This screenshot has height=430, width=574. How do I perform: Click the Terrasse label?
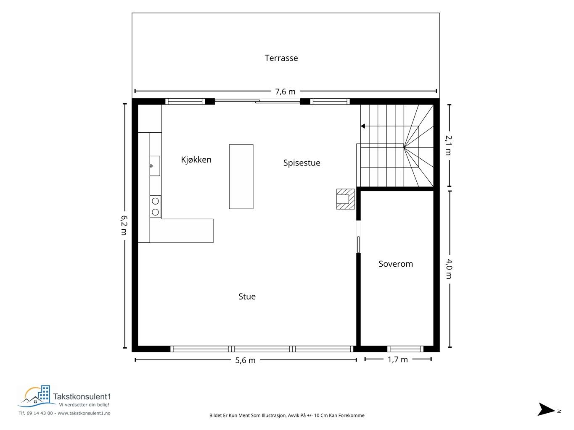click(281, 58)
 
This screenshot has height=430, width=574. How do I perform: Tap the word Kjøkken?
click(196, 160)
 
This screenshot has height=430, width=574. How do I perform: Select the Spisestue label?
click(302, 163)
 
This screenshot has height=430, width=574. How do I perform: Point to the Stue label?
click(247, 296)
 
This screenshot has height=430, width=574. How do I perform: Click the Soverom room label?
click(396, 264)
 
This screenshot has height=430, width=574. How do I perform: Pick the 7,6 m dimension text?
click(285, 92)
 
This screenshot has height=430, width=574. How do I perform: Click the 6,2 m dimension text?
click(124, 225)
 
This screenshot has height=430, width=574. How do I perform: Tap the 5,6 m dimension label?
click(245, 360)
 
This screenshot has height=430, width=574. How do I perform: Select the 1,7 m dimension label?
click(397, 359)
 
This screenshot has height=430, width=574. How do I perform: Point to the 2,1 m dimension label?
click(449, 145)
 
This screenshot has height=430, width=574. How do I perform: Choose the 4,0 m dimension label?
click(449, 269)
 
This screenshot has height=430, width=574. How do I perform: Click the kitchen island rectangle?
click(241, 177)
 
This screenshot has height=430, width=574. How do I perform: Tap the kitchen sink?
click(155, 166)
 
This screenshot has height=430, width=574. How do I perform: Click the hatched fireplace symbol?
click(345, 199)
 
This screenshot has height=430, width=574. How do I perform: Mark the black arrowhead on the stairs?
click(363, 126)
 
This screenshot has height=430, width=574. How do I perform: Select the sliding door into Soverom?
click(359, 244)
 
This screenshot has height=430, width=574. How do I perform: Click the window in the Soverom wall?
click(405, 349)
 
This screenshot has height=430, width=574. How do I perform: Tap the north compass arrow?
click(546, 409)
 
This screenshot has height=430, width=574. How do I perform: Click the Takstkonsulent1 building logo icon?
click(37, 396)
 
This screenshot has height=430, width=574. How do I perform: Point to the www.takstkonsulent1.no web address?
click(84, 413)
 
